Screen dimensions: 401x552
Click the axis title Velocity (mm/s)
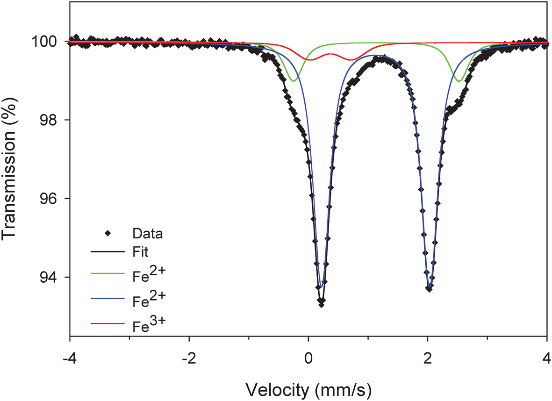point(308,387)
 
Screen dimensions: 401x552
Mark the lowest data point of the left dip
point(321,304)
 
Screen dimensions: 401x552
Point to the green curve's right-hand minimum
point(459,81)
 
